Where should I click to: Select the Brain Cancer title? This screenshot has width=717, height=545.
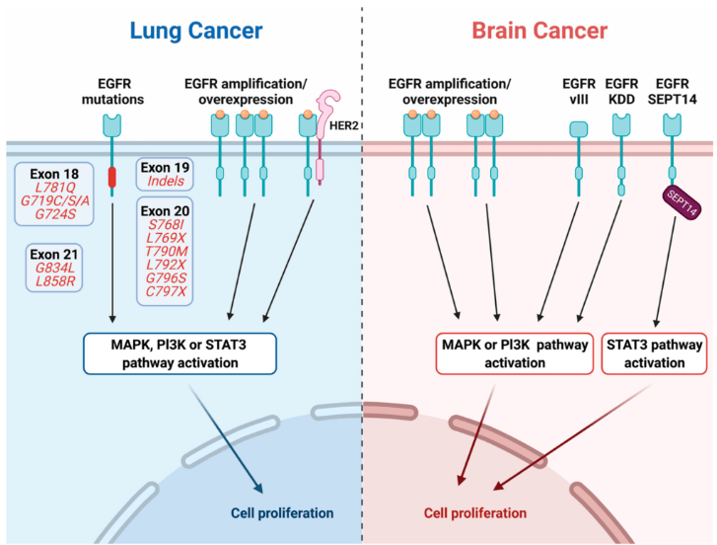point(539,31)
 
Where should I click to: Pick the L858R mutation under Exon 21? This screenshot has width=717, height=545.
point(55,282)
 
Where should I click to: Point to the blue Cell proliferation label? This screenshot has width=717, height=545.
point(282,513)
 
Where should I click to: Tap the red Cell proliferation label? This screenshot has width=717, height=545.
point(475,513)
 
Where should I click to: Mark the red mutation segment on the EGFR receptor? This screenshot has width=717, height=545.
point(111,178)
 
